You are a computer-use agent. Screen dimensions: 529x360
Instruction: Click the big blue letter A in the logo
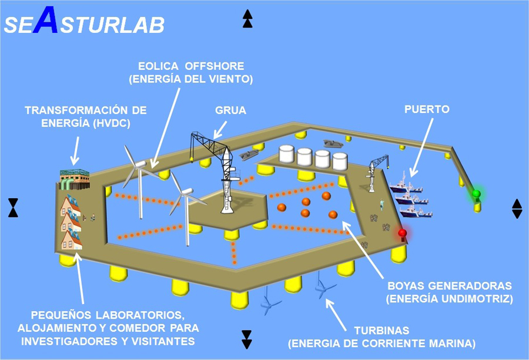pos(45,19)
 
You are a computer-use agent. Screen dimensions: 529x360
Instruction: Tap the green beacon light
pos(476,194)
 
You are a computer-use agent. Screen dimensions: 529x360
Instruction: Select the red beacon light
pos(402,233)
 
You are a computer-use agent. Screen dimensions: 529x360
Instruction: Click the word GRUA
pos(231,111)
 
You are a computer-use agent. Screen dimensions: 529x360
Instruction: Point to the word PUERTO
pos(427,109)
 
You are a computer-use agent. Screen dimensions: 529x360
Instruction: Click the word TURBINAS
pos(381,330)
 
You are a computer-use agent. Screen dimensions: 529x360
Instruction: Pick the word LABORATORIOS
pos(140,315)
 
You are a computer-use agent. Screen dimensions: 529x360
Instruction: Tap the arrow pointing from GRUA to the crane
pos(220,130)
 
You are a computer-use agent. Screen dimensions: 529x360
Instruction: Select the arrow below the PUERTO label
pos(421,147)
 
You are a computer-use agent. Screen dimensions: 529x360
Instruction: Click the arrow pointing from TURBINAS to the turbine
pos(336,315)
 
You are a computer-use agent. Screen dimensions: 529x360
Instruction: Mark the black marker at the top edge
pos(247,19)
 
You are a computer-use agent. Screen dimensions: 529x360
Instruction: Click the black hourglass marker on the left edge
pos(13,208)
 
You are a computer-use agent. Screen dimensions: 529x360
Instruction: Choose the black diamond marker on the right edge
pos(517,209)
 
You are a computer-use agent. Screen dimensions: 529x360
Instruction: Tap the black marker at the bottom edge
pos(247,339)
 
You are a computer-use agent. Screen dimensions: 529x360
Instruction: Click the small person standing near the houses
pos(92,217)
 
